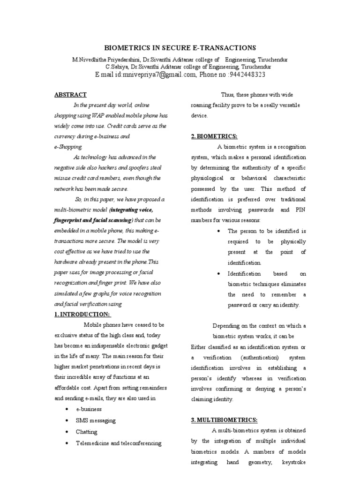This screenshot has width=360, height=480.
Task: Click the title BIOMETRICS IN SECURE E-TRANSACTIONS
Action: (x=180, y=48)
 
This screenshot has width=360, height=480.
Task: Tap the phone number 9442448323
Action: (x=247, y=75)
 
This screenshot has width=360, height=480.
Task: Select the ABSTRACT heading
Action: (x=70, y=95)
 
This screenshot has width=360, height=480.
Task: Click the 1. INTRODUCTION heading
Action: (x=83, y=315)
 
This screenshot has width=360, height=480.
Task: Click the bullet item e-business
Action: (x=89, y=409)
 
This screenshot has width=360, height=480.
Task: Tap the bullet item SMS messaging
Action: (x=96, y=420)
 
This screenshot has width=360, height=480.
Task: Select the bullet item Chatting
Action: (x=86, y=432)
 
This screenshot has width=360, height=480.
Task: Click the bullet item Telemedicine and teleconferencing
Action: (x=118, y=443)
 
